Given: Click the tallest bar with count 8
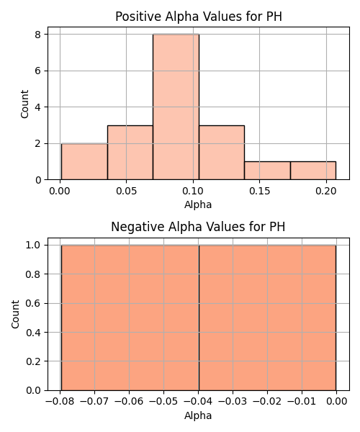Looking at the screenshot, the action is [x=176, y=107].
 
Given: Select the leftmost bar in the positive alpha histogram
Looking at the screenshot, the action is [x=84, y=161].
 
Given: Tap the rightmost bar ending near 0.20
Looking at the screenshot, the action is [x=313, y=171].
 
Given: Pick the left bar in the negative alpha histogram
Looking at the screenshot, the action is [x=130, y=318].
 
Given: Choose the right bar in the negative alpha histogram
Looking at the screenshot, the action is [x=267, y=318].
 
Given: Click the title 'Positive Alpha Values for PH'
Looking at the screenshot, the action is [x=199, y=17].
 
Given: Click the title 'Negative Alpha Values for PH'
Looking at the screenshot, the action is [x=198, y=227].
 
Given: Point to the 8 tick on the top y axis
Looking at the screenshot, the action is [x=38, y=34].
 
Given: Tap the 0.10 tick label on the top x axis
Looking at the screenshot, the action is [x=193, y=191].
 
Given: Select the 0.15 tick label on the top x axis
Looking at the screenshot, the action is [x=259, y=191].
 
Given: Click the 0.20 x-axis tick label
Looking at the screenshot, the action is [x=326, y=191].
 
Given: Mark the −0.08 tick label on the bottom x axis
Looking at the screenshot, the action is [x=60, y=402].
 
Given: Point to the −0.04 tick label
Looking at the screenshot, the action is [x=198, y=402].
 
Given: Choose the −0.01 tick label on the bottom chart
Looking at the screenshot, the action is [x=302, y=402].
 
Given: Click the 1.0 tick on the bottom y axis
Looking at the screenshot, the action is [x=33, y=245].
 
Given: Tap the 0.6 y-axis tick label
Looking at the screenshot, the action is [x=33, y=303].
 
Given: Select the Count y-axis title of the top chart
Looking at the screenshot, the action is [x=24, y=104].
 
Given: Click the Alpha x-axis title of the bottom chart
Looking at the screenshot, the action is [x=198, y=415].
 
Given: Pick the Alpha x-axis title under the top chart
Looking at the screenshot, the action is [x=198, y=205].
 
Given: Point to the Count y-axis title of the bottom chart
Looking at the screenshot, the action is [x=15, y=315].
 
